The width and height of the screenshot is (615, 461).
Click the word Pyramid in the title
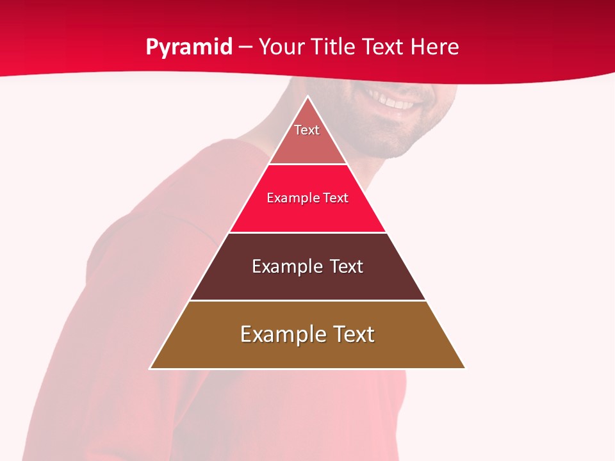(x=189, y=47)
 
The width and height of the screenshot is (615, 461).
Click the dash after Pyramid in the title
(x=245, y=47)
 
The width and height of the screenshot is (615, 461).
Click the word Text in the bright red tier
(x=336, y=198)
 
